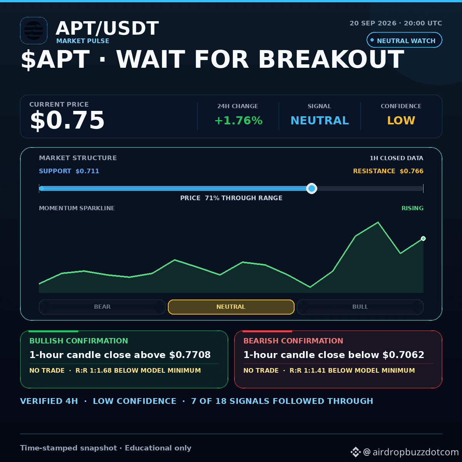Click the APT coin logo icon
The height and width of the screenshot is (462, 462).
pyautogui.click(x=33, y=30)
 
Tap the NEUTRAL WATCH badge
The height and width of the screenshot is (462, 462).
pyautogui.click(x=404, y=40)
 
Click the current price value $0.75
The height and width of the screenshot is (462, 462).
pyautogui.click(x=67, y=120)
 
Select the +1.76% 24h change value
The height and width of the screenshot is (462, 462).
pyautogui.click(x=239, y=121)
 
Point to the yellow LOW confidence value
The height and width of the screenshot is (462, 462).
pyautogui.click(x=401, y=121)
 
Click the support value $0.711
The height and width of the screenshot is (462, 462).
pyautogui.click(x=87, y=171)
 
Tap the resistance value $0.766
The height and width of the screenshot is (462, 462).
pyautogui.click(x=412, y=171)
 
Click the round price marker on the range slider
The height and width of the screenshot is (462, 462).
pyautogui.click(x=311, y=188)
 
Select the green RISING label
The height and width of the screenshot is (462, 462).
pyautogui.click(x=412, y=208)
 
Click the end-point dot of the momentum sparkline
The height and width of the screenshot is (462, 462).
pyautogui.click(x=423, y=239)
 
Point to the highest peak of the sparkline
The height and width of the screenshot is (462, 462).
pyautogui.click(x=378, y=223)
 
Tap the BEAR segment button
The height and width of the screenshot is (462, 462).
pyautogui.click(x=102, y=307)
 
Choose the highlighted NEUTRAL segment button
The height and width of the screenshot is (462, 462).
pyautogui.click(x=231, y=307)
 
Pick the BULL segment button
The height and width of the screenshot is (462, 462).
pyautogui.click(x=360, y=307)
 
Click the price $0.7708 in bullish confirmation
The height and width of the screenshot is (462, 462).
pyautogui.click(x=190, y=355)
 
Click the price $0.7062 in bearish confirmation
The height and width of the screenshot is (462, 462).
pyautogui.click(x=403, y=355)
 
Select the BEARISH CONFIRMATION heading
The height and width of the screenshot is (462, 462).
pyautogui.click(x=293, y=341)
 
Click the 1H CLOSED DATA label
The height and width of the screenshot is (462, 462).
pyautogui.click(x=396, y=158)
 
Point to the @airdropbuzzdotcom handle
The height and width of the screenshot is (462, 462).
pyautogui.click(x=411, y=452)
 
